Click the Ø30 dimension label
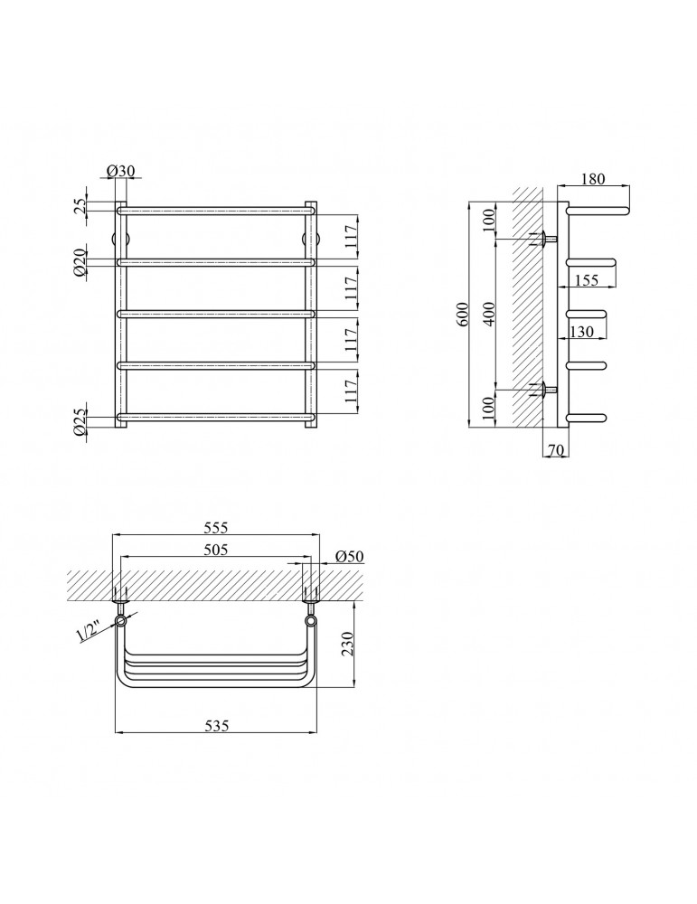120,171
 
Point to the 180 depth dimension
593,179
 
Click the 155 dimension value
587,280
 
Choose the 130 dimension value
581,332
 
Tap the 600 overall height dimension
465,315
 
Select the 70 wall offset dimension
555,450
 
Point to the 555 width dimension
216,528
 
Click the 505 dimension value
216,550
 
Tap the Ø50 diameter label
349,556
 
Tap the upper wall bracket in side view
544,239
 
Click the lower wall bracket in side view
544,391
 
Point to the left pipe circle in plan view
122,621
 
